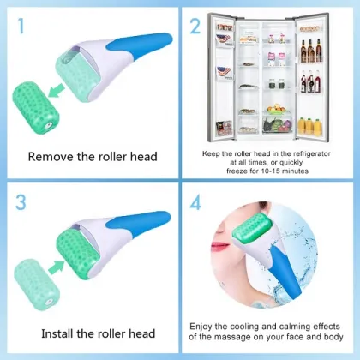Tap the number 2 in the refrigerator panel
[x=195, y=26]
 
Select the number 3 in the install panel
[x=21, y=204]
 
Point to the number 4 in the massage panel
[x=196, y=204]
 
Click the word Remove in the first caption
[x=49, y=157]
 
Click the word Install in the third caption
[x=46, y=333]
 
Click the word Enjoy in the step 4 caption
[x=204, y=327]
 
